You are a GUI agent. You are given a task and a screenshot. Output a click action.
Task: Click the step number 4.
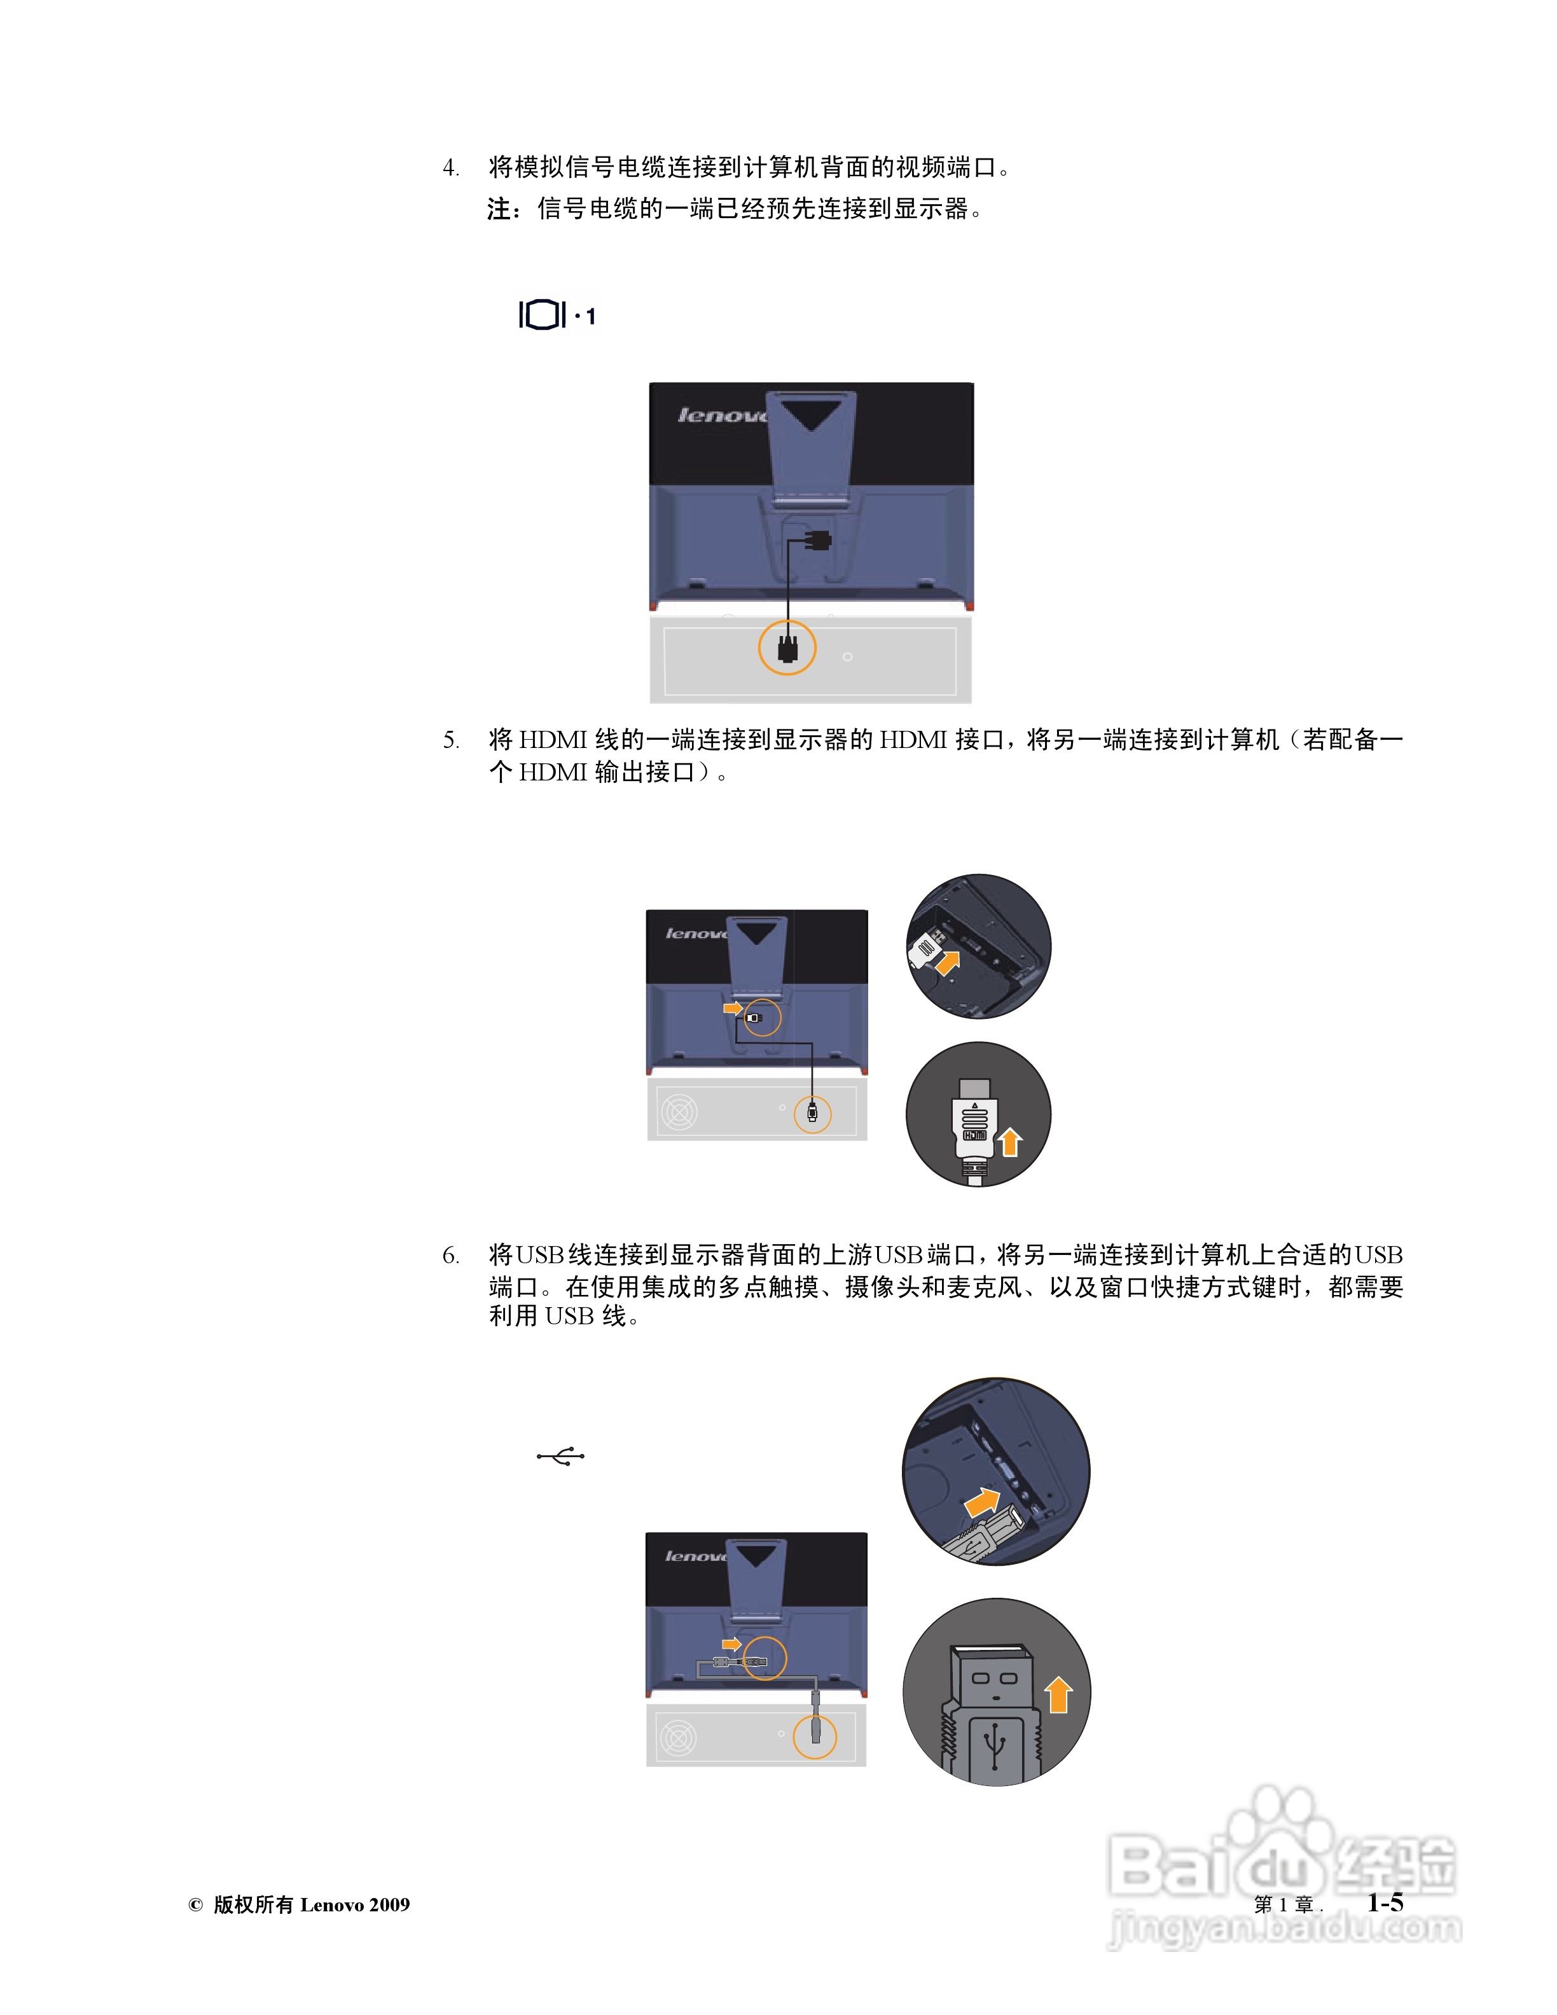(450, 168)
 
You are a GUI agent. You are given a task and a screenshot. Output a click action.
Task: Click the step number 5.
(450, 740)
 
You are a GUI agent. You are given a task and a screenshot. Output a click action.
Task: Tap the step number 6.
(450, 1256)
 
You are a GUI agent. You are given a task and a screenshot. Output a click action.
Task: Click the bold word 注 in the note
(499, 209)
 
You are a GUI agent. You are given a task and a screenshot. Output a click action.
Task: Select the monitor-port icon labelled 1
(556, 315)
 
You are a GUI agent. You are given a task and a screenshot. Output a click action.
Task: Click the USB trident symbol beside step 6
(560, 1456)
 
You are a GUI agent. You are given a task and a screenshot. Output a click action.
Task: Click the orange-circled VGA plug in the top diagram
(787, 647)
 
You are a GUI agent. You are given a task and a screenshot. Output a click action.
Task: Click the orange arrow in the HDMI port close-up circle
(947, 962)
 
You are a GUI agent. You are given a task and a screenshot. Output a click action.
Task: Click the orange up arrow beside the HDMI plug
(1010, 1142)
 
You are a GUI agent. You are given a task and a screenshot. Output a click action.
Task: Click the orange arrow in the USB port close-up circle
(981, 1502)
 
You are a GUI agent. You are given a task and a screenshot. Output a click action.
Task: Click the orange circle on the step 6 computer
(815, 1736)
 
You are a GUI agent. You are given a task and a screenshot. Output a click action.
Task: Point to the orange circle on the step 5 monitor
(762, 1018)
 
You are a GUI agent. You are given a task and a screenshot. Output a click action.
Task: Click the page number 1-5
(1385, 1902)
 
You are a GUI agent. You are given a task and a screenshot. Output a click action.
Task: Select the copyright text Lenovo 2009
(355, 1904)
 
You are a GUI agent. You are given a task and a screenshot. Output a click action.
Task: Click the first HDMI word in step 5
(553, 740)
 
